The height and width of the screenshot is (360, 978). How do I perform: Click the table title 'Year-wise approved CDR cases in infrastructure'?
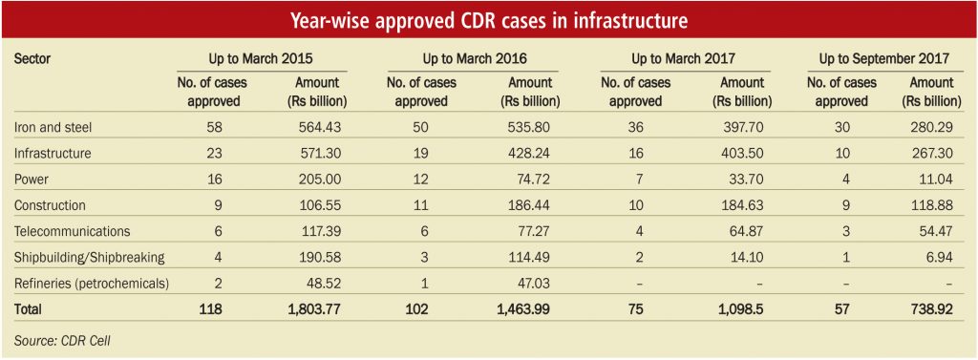[x=489, y=21]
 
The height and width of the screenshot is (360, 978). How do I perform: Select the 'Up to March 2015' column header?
[x=261, y=58]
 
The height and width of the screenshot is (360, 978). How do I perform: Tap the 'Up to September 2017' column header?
[x=883, y=58]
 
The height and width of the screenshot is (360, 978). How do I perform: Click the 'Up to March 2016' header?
[x=475, y=58]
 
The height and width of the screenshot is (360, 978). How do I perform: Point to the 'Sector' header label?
[x=32, y=58]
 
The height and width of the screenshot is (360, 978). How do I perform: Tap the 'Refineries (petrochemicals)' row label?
[x=91, y=283]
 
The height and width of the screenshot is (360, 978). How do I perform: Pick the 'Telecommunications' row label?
[x=72, y=231]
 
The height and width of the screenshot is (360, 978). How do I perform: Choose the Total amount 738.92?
[x=928, y=308]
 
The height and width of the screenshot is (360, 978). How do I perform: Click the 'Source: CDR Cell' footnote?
[x=62, y=340]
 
